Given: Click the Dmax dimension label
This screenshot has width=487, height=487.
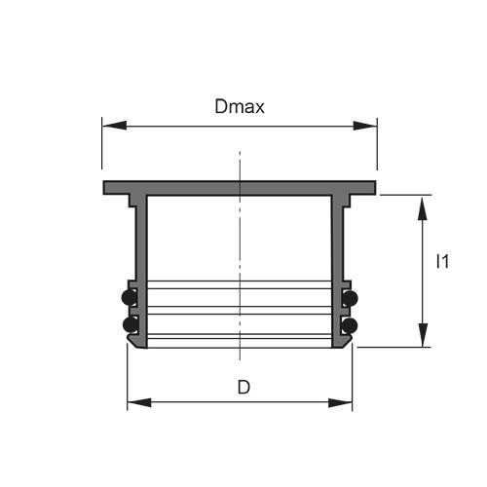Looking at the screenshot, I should coord(239,106).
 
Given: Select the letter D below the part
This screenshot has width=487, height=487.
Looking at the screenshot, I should coord(243,387).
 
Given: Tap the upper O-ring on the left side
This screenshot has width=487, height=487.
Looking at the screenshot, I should coord(128,297).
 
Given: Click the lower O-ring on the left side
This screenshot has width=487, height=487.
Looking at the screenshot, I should coord(128,323).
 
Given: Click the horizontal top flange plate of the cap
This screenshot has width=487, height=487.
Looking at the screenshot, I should coord(240,186).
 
